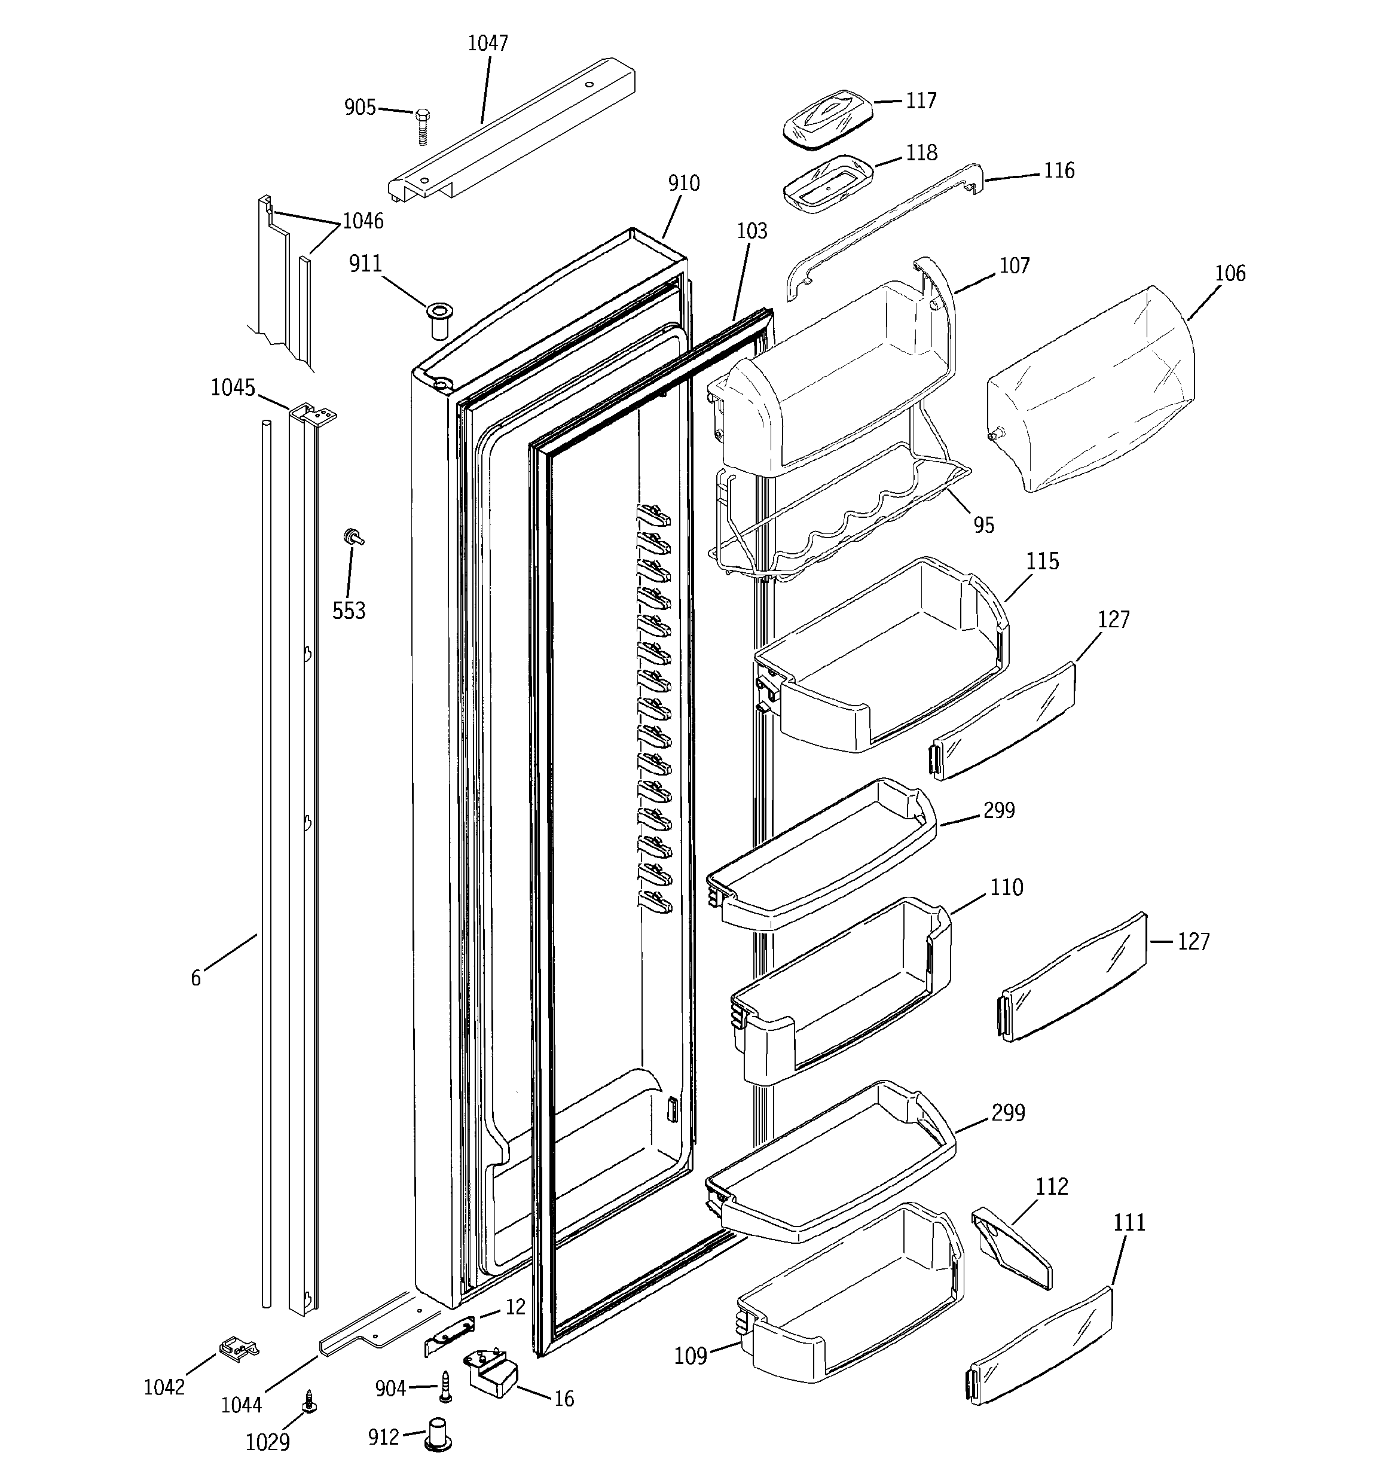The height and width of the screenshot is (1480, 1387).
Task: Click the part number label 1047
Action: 488,43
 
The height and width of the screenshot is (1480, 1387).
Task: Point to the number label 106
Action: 1229,273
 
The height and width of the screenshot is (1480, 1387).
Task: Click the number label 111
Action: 1129,1222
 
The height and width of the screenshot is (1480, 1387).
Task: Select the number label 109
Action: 690,1356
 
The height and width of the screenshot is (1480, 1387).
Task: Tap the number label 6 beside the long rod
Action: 196,978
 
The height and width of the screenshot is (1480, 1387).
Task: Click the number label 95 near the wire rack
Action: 983,525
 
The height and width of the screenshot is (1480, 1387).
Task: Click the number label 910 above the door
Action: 683,182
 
